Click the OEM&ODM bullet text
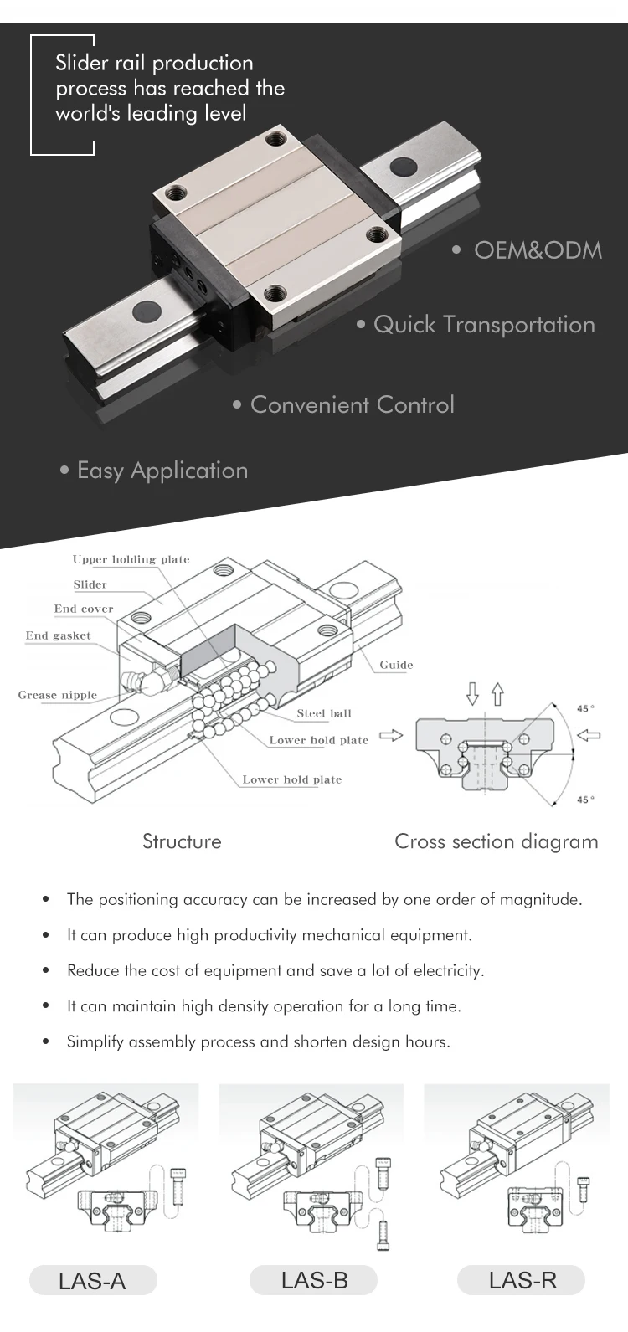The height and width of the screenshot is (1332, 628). pyautogui.click(x=537, y=250)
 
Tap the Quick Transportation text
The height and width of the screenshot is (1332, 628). pyautogui.click(x=483, y=325)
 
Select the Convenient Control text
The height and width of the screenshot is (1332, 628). pyautogui.click(x=352, y=404)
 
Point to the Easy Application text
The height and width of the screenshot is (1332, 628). pyautogui.click(x=162, y=471)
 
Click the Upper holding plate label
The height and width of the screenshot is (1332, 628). pyautogui.click(x=131, y=559)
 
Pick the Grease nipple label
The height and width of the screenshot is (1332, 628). pyautogui.click(x=58, y=695)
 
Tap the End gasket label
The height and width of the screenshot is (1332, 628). pyautogui.click(x=58, y=635)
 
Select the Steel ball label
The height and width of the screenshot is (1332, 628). pyautogui.click(x=324, y=713)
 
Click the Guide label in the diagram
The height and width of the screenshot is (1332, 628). pyautogui.click(x=396, y=665)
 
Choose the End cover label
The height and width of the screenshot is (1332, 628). pyautogui.click(x=84, y=609)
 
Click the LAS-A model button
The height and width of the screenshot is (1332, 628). pyautogui.click(x=93, y=1281)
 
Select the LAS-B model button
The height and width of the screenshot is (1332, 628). pyautogui.click(x=314, y=1280)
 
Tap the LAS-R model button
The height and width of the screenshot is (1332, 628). pyautogui.click(x=522, y=1280)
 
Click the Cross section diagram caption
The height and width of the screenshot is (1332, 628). pyautogui.click(x=496, y=841)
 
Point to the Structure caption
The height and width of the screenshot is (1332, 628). pyautogui.click(x=182, y=841)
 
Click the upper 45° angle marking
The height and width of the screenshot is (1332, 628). pyautogui.click(x=585, y=709)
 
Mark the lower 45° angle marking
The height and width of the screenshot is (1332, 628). pyautogui.click(x=585, y=800)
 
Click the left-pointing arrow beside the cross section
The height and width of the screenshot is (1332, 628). pyautogui.click(x=589, y=736)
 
